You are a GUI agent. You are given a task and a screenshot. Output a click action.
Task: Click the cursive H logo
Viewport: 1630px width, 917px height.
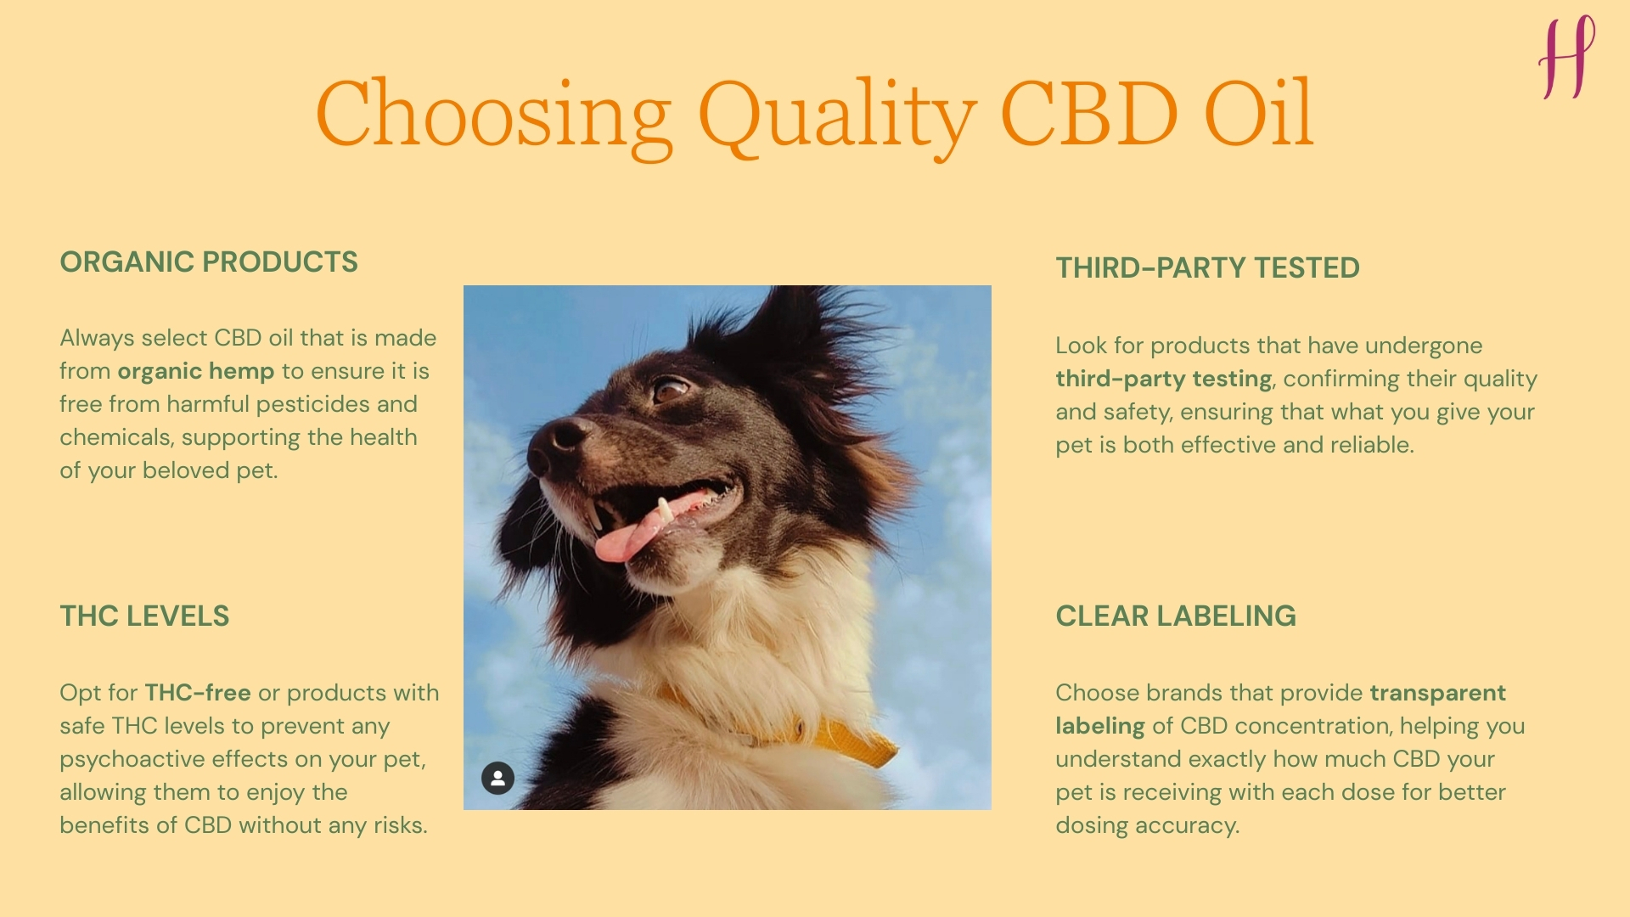click(1566, 58)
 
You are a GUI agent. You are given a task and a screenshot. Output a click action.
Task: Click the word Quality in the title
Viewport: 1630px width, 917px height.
click(836, 115)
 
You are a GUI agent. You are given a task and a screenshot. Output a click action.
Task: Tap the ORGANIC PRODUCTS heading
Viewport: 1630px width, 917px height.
click(209, 262)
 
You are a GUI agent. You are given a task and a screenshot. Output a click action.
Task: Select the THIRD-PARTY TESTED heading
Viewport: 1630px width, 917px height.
click(1207, 268)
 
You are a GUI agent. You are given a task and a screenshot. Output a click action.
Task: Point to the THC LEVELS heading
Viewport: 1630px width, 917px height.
click(144, 616)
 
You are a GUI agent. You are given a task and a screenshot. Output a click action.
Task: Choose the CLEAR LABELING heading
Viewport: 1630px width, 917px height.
click(1176, 616)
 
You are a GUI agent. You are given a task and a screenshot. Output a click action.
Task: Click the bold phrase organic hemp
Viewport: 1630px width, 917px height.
click(195, 372)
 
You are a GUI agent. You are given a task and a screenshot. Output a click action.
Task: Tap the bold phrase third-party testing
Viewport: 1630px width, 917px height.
click(1163, 380)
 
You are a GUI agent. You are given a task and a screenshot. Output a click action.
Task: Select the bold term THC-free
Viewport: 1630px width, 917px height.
click(198, 693)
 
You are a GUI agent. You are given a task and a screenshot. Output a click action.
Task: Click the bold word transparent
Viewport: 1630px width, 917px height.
click(1437, 693)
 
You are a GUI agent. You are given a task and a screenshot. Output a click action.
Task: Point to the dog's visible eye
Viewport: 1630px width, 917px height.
click(670, 391)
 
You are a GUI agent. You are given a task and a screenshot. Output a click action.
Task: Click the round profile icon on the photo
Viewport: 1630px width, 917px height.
click(498, 778)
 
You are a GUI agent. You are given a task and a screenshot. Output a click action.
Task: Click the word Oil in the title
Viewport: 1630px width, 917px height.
click(1258, 115)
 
